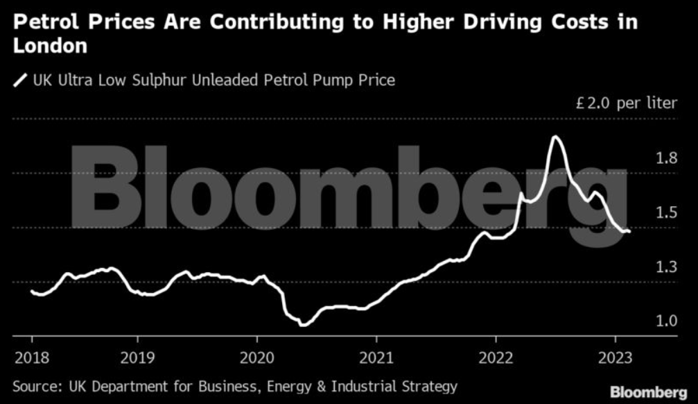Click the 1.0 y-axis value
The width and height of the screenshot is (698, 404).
point(665,321)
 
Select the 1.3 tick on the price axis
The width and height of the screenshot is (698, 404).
point(665,267)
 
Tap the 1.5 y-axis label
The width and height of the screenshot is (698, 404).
point(665,212)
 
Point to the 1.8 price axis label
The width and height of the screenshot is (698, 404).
point(665,158)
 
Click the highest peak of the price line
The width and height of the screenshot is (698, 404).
point(555,137)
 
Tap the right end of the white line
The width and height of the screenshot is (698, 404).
point(629,232)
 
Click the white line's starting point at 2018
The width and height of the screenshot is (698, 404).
point(32,292)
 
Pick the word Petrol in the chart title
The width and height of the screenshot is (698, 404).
point(49,22)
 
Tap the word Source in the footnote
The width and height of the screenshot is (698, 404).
point(37,386)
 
